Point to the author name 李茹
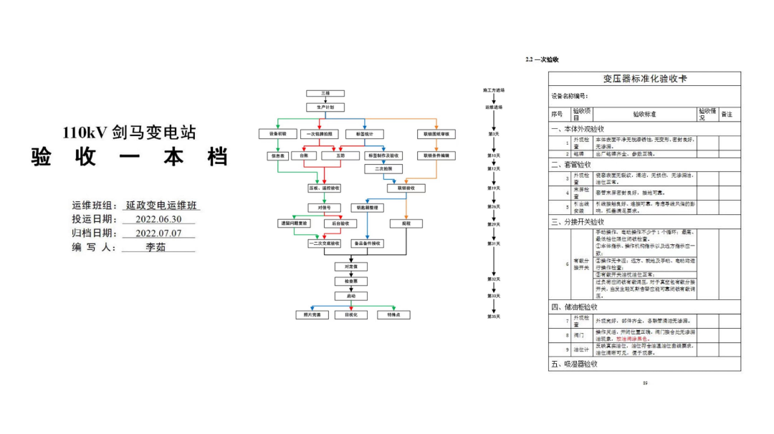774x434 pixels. [156, 247]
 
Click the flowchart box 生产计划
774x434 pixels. [325, 107]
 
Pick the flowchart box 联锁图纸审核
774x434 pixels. [435, 134]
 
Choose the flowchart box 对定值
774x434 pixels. [350, 266]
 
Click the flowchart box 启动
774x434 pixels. [350, 295]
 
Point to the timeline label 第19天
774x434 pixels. [494, 188]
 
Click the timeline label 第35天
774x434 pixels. [494, 316]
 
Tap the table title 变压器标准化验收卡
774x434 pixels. [644, 79]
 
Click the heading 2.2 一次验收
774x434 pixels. [542, 60]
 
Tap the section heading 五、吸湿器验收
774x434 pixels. [575, 365]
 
